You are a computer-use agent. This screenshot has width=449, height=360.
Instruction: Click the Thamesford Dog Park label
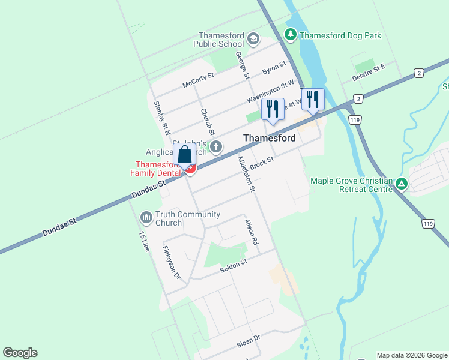point(340,35)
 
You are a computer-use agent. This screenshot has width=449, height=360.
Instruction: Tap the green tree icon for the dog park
point(291,35)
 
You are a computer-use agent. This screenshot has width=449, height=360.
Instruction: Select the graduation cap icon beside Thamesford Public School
point(253,39)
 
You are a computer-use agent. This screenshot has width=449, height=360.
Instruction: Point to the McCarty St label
point(198,80)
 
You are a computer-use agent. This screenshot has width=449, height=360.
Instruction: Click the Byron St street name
point(274,68)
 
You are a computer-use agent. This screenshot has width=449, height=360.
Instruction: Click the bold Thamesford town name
point(269,138)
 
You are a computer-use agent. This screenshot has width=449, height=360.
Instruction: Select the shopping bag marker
point(185,154)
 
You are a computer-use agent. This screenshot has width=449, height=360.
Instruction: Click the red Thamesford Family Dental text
point(156,169)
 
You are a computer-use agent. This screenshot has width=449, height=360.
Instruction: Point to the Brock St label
point(262,163)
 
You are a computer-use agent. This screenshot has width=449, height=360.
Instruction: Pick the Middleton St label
point(247,174)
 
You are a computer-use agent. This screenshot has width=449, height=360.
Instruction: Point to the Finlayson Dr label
point(171,263)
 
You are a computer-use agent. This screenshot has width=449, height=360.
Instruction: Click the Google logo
point(20,353)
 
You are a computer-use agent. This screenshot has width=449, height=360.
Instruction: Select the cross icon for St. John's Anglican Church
point(216,146)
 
